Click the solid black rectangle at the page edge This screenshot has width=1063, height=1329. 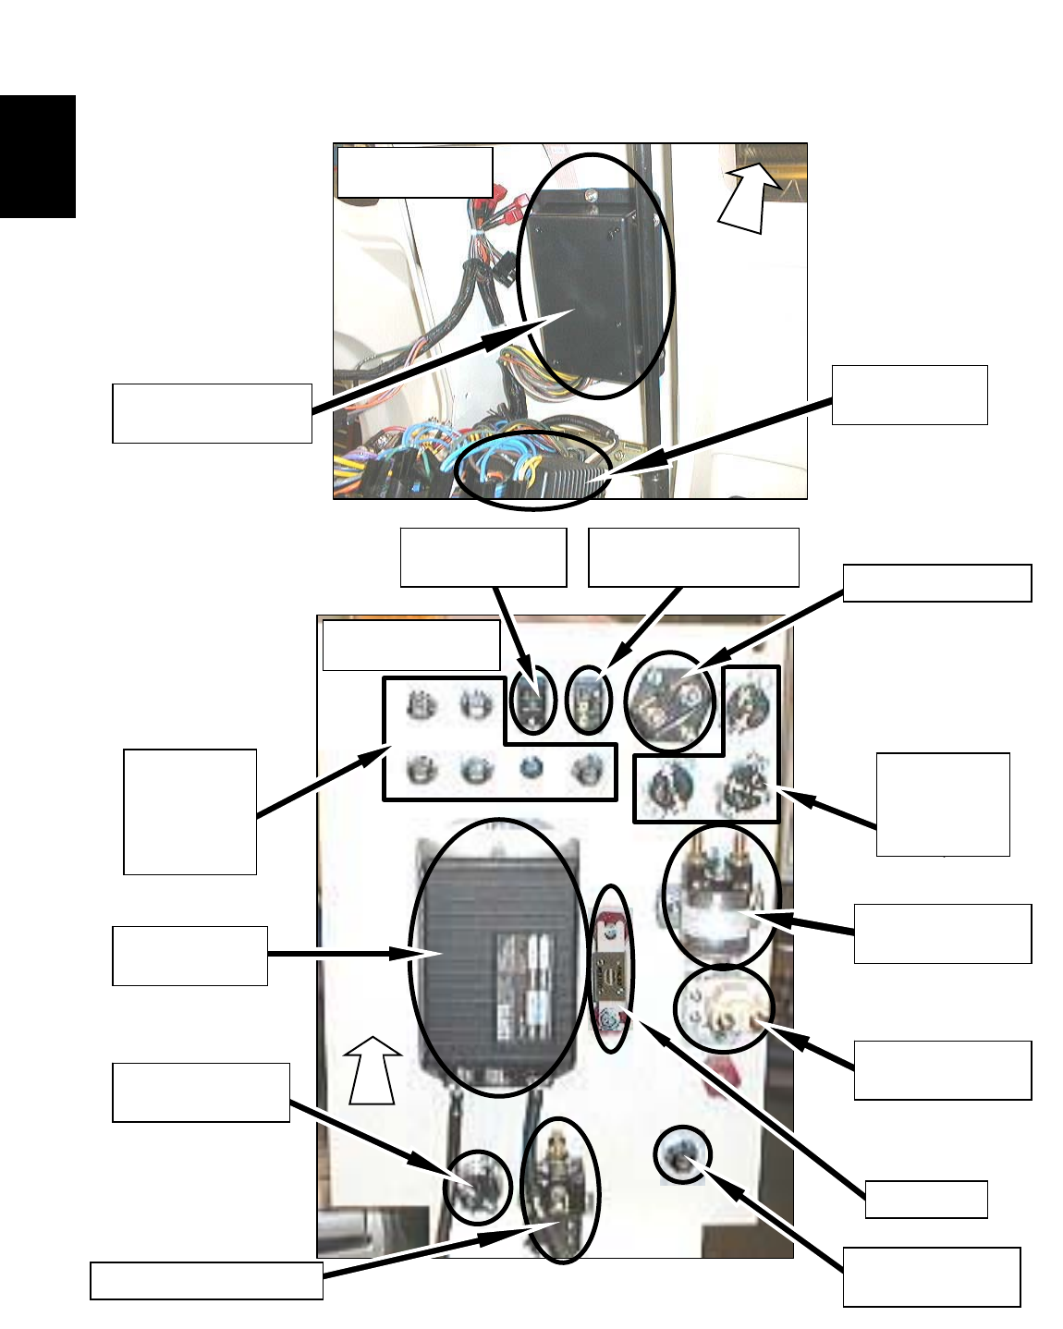pyautogui.click(x=37, y=156)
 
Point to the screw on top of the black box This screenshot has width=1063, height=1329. pyautogui.click(x=591, y=195)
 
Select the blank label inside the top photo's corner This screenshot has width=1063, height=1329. pyautogui.click(x=414, y=172)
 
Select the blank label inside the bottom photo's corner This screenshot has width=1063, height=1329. pyautogui.click(x=410, y=643)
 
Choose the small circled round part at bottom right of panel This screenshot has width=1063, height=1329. pyautogui.click(x=682, y=1155)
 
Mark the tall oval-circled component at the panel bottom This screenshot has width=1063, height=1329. pyautogui.click(x=559, y=1189)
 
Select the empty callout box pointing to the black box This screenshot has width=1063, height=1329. pyautogui.click(x=212, y=413)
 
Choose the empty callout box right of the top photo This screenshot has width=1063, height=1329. pyautogui.click(x=910, y=395)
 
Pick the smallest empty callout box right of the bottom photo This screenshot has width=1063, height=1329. pyautogui.click(x=926, y=1199)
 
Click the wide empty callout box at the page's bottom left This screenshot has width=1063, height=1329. pyautogui.click(x=206, y=1281)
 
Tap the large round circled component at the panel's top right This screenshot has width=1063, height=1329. pyautogui.click(x=671, y=704)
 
